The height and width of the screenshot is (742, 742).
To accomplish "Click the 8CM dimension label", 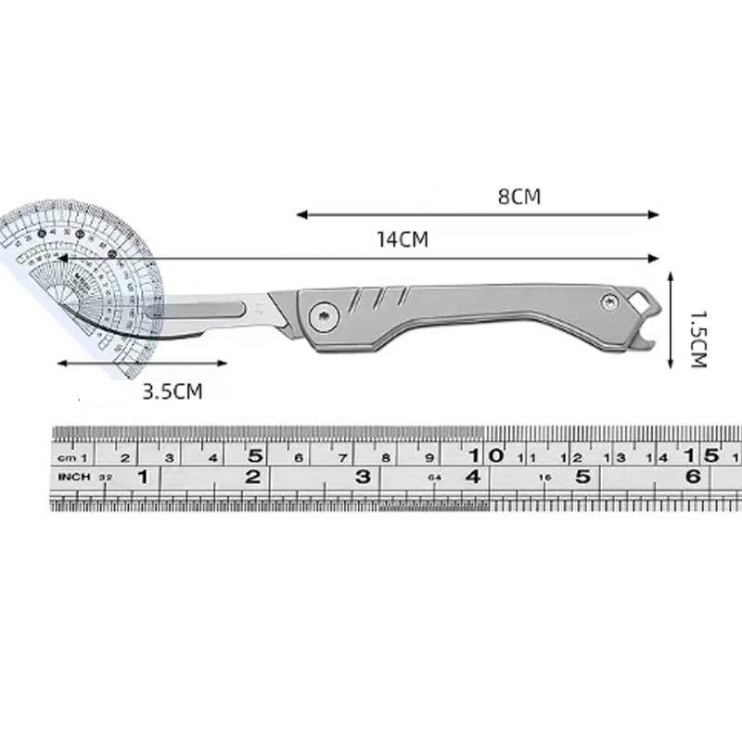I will pyautogui.click(x=518, y=197).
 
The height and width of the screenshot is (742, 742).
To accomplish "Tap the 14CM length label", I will pyautogui.click(x=402, y=239).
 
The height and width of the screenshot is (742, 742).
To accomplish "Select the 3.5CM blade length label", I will pyautogui.click(x=172, y=391).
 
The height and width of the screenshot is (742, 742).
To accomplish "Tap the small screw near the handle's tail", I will pyautogui.click(x=609, y=301).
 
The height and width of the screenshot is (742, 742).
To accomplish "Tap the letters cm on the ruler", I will pyautogui.click(x=68, y=457).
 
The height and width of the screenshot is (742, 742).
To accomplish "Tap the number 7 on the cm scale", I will pyautogui.click(x=342, y=457).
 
